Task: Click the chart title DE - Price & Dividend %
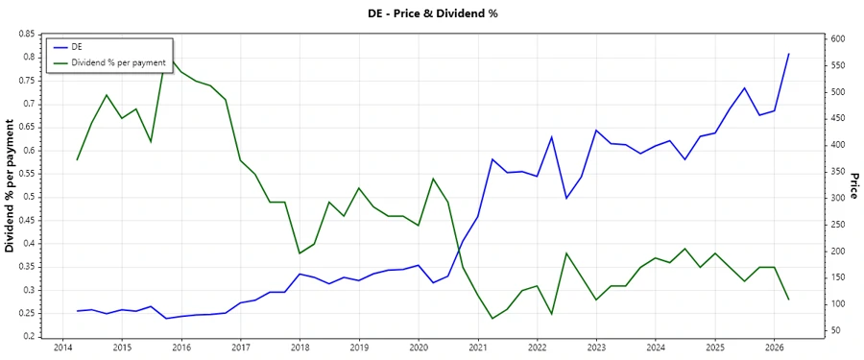(431, 13)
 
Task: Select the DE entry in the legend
(77, 46)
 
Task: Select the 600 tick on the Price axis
(836, 39)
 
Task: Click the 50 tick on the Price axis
(833, 330)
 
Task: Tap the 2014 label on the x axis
(62, 347)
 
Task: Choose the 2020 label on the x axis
(419, 347)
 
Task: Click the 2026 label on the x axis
(774, 347)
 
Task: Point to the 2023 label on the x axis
(596, 347)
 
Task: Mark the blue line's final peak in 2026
(789, 54)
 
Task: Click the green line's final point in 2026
(789, 300)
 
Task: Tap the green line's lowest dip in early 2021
(492, 319)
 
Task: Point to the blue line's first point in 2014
(78, 311)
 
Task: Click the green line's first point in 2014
(78, 159)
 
